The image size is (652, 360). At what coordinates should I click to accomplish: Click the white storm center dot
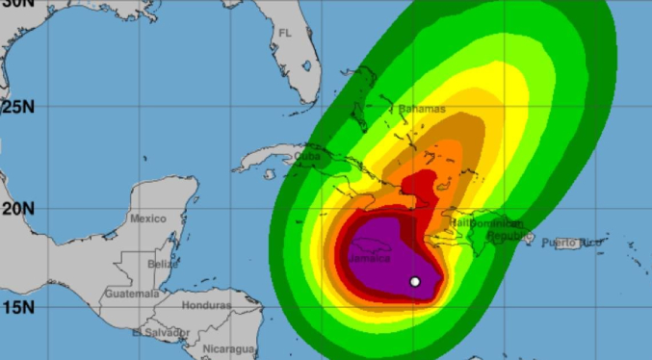415,281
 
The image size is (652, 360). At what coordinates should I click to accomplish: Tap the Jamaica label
370,258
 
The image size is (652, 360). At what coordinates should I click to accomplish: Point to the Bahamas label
421,109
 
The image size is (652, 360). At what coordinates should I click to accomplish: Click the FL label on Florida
284,33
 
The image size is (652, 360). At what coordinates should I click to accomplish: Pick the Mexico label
148,219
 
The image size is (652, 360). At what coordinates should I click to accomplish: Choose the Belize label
162,263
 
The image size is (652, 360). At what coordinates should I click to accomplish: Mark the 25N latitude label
17,105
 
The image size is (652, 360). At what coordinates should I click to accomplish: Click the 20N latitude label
17,208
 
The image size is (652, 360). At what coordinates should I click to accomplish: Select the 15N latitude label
17,307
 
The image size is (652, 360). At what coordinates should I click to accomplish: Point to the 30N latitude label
17,5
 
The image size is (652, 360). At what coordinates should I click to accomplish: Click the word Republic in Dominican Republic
509,234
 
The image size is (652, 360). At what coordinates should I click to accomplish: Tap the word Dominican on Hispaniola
504,222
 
